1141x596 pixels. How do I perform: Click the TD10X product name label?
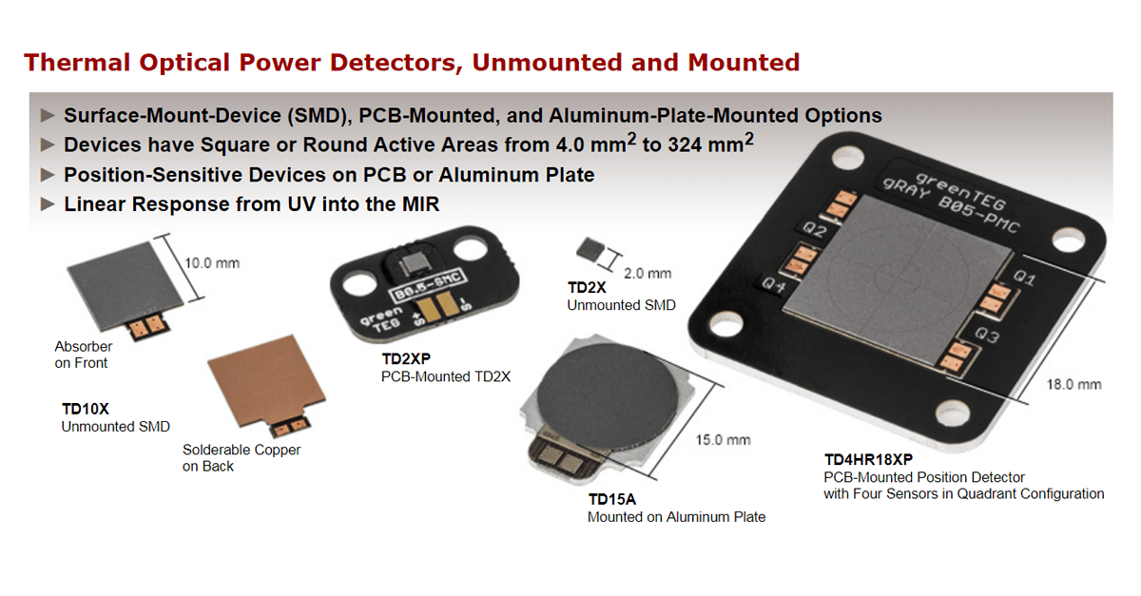coord(86,409)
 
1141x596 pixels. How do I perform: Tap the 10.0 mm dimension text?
coord(212,262)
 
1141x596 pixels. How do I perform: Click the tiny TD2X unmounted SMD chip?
coord(590,249)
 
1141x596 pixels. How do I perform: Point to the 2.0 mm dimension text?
coord(647,273)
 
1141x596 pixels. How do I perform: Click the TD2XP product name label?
coord(407,359)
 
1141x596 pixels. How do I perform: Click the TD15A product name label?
coord(611,500)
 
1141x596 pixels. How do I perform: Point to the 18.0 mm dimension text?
coord(1073,384)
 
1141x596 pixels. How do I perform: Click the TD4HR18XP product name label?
coord(868,459)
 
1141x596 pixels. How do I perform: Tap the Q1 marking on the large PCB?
coord(1024,279)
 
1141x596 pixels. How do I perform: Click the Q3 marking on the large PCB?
coord(986,337)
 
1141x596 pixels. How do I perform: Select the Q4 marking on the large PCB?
coord(773,282)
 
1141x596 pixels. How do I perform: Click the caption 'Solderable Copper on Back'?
coord(242,458)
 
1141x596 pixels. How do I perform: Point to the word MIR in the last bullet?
coord(417,204)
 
